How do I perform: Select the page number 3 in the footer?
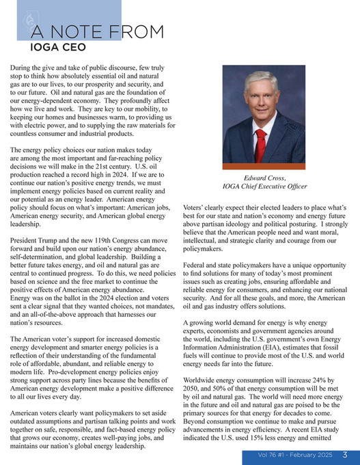(x=346, y=455)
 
